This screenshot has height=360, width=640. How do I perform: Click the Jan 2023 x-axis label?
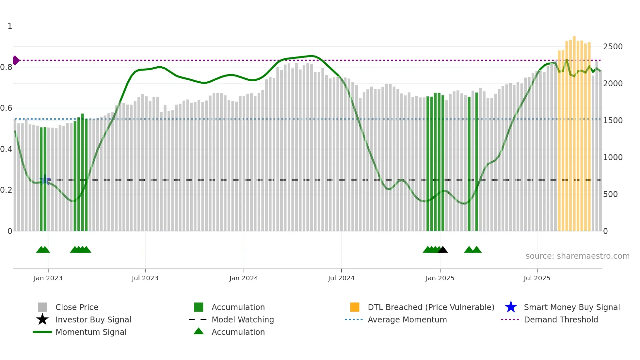(x=48, y=278)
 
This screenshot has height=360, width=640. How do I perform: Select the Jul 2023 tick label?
(x=145, y=278)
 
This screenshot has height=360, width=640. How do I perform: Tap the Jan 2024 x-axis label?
(x=244, y=278)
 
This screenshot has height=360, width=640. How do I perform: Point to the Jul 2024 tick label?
(x=341, y=278)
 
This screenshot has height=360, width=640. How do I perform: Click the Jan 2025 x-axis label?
(x=440, y=278)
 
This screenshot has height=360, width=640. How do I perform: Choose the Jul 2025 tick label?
(x=537, y=278)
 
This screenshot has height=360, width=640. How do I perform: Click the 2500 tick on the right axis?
(x=613, y=47)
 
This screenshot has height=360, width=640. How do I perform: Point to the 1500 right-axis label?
(x=613, y=121)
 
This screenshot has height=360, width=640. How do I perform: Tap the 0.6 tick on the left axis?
(x=6, y=108)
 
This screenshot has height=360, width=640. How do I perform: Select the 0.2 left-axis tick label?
(x=6, y=190)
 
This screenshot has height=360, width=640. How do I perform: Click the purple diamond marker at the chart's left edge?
(x=16, y=60)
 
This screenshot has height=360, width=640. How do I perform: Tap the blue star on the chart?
(x=45, y=179)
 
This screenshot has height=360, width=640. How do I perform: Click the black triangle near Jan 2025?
(x=443, y=250)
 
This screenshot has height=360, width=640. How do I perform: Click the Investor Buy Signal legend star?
(x=42, y=319)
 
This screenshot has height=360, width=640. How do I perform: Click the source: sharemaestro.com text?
(x=577, y=256)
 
